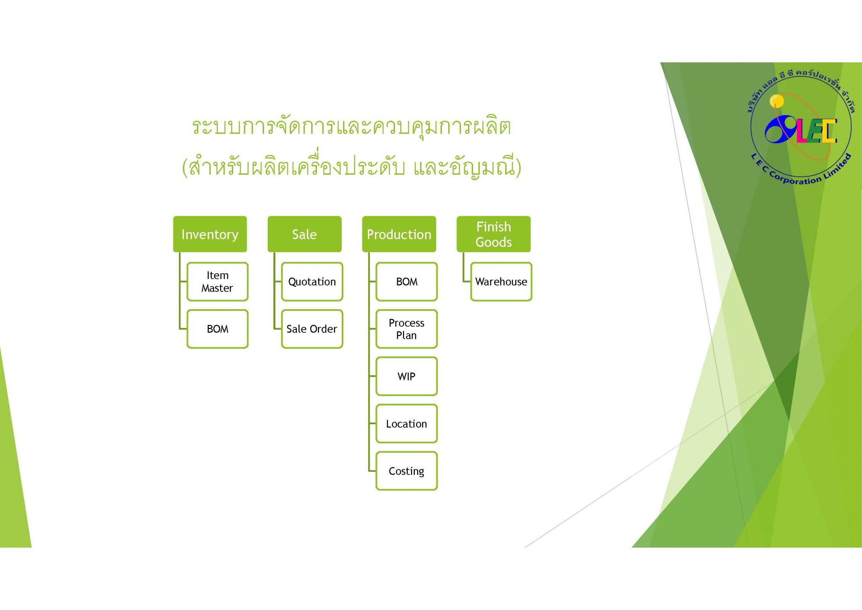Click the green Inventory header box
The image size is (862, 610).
(210, 234)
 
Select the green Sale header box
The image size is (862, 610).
(304, 234)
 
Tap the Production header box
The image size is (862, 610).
(399, 234)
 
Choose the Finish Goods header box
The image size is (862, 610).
(493, 234)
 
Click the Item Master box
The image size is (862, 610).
(218, 281)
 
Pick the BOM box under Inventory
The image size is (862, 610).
(218, 329)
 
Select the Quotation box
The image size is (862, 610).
(312, 281)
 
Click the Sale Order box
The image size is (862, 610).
(312, 329)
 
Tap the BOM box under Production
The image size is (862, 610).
(407, 281)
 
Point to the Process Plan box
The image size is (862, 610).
(407, 329)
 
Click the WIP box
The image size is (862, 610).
(407, 376)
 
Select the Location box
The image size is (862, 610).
(407, 423)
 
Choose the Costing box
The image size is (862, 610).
(407, 471)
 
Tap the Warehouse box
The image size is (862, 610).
(501, 281)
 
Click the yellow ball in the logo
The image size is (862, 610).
(777, 101)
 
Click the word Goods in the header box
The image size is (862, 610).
(493, 242)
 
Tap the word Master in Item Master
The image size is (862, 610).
(217, 288)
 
